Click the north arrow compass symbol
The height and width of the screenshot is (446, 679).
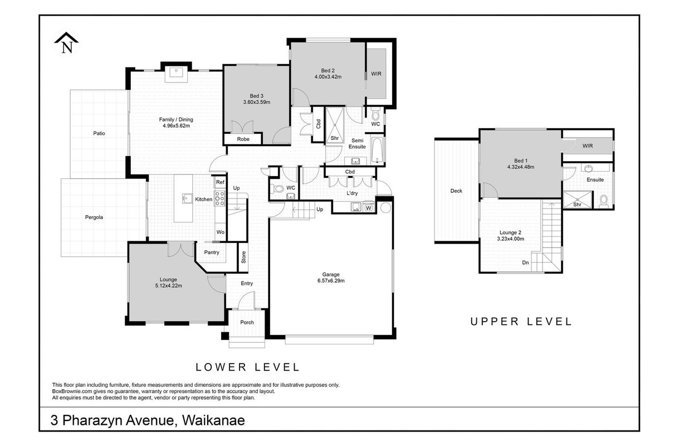pyautogui.click(x=66, y=43)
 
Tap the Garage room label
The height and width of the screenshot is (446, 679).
pyautogui.click(x=331, y=274)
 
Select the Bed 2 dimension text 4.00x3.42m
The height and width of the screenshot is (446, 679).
pyautogui.click(x=328, y=77)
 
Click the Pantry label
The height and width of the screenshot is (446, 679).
pyautogui.click(x=212, y=253)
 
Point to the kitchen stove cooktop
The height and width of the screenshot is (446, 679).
pyautogui.click(x=220, y=198)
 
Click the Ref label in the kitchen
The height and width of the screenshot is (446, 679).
pyautogui.click(x=220, y=182)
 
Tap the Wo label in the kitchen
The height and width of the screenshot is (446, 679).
pyautogui.click(x=221, y=232)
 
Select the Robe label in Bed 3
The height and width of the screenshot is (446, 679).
pyautogui.click(x=243, y=139)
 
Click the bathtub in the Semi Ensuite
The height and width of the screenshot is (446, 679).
pyautogui.click(x=377, y=150)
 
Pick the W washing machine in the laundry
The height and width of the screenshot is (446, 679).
pyautogui.click(x=368, y=207)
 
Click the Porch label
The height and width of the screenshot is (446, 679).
pyautogui.click(x=247, y=322)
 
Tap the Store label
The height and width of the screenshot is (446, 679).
pyautogui.click(x=243, y=257)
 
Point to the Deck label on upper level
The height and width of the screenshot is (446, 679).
pyautogui.click(x=456, y=191)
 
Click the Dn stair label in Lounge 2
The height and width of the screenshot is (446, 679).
pyautogui.click(x=525, y=263)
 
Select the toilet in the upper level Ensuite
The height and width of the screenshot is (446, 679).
pyautogui.click(x=603, y=201)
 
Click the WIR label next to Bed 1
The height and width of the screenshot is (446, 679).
pyautogui.click(x=588, y=146)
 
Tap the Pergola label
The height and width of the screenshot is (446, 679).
pyautogui.click(x=94, y=217)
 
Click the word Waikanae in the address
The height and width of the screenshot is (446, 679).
pyautogui.click(x=213, y=420)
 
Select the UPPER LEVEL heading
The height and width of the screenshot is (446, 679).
pyautogui.click(x=521, y=322)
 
